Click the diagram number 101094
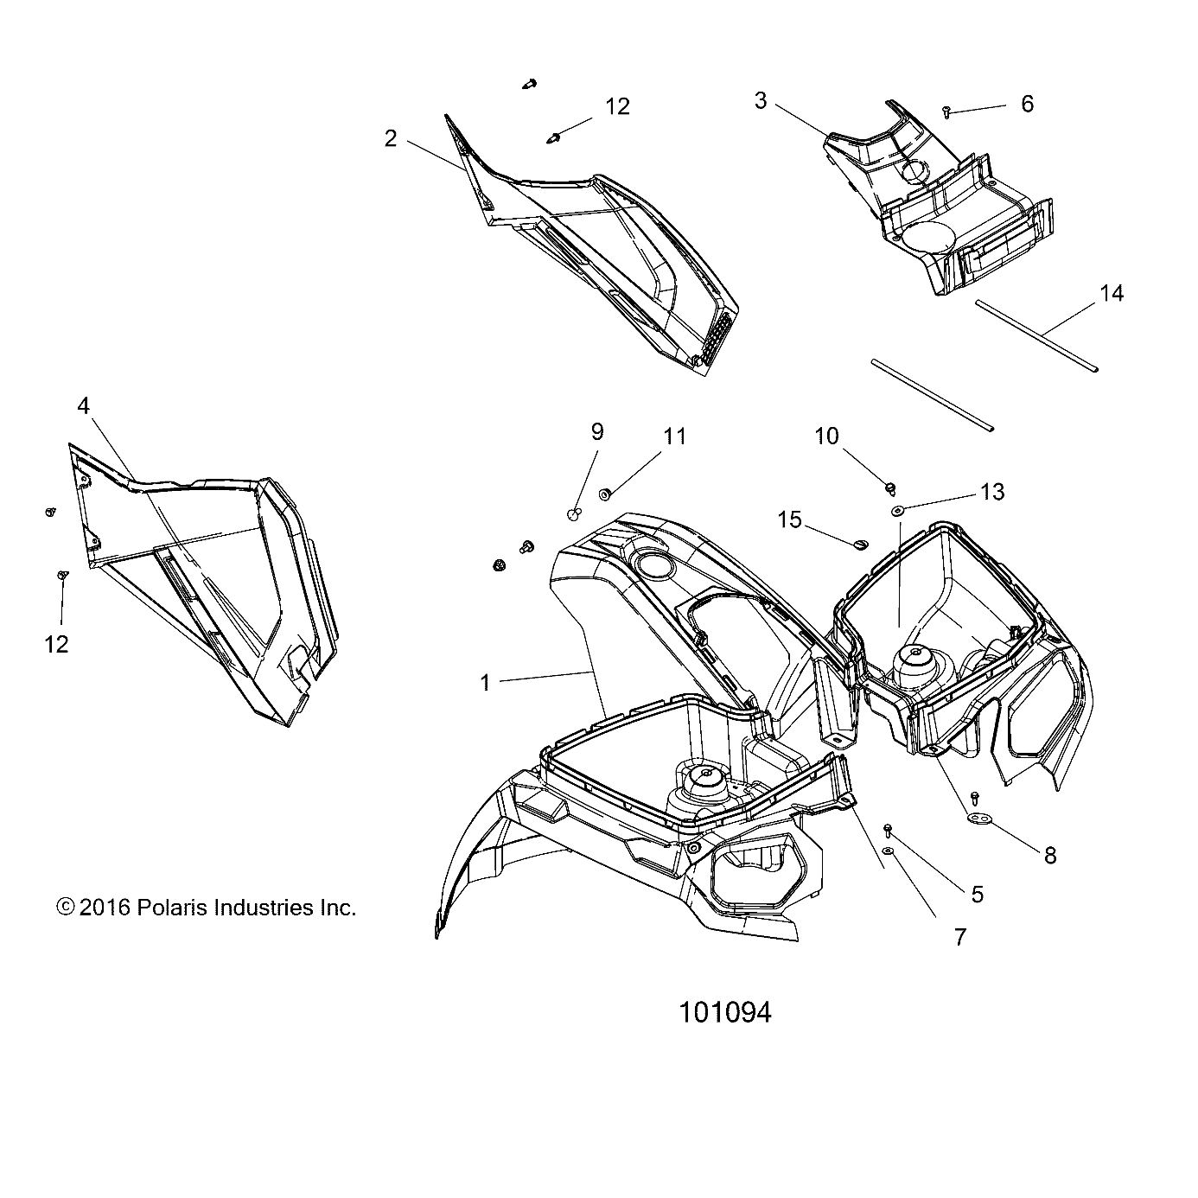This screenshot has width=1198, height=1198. [x=725, y=1012]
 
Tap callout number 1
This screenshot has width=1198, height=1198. [x=486, y=683]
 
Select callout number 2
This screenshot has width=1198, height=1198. [x=391, y=138]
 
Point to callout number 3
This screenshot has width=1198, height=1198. [x=761, y=101]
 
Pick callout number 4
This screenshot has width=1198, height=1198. [x=83, y=405]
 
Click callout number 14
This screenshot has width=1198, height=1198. [x=1112, y=294]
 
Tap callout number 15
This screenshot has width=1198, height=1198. [x=790, y=519]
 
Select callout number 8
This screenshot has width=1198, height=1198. [x=1050, y=856]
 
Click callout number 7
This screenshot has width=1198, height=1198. [x=959, y=937]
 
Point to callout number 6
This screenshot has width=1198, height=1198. [x=1027, y=104]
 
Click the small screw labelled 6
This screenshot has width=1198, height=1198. [x=947, y=112]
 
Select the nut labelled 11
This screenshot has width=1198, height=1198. [x=604, y=494]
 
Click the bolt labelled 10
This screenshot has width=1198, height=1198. [x=889, y=489]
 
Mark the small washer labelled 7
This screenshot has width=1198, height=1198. [x=888, y=851]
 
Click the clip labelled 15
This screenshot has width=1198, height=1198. [x=858, y=544]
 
